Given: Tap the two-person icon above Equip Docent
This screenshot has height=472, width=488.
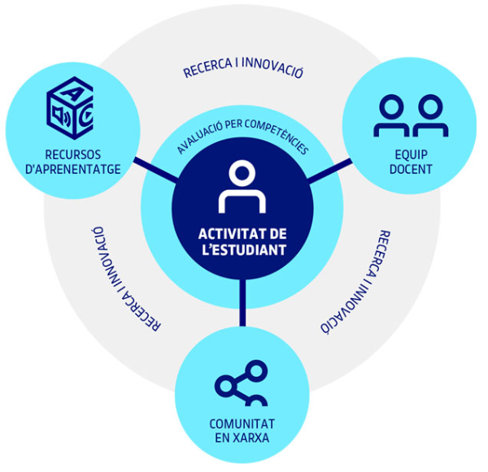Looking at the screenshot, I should (x=411, y=116).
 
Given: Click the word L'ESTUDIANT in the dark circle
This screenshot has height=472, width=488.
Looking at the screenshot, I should (x=242, y=249).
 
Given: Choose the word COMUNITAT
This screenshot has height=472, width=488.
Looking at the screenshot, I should (x=242, y=423).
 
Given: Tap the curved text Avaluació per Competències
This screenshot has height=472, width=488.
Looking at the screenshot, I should (x=242, y=136).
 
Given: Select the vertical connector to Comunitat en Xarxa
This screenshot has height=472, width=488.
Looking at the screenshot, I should (x=242, y=303).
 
